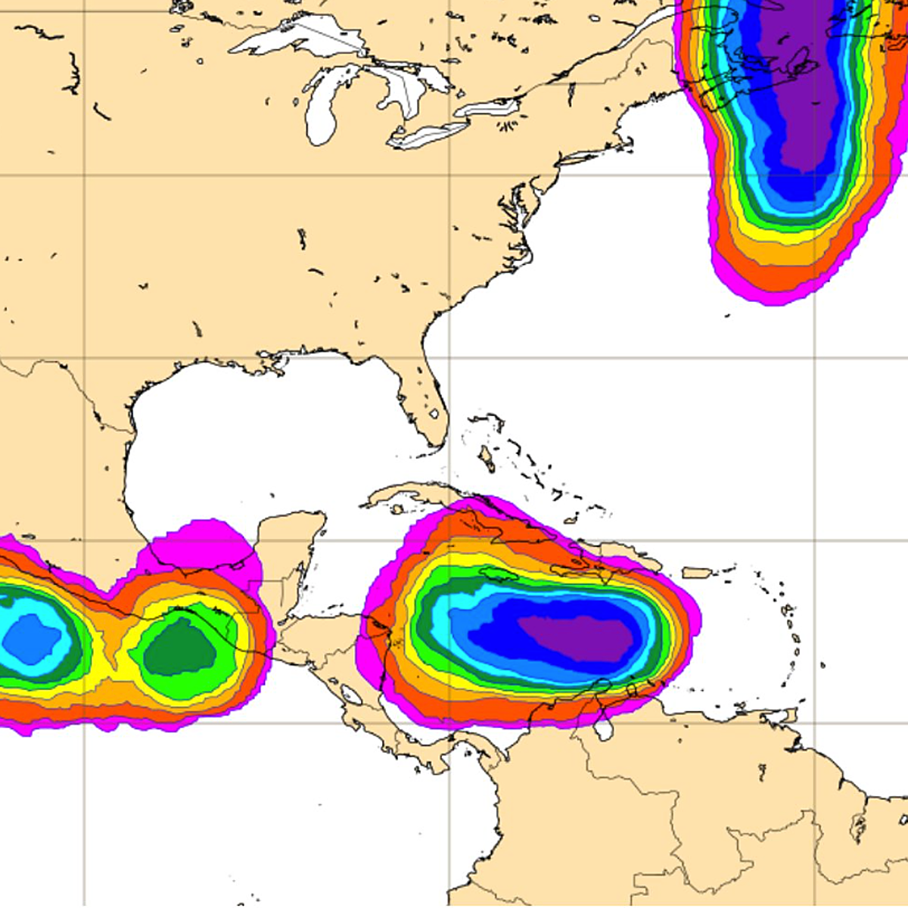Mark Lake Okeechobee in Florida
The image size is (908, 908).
(x=434, y=414)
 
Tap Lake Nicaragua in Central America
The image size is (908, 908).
(x=351, y=693)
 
